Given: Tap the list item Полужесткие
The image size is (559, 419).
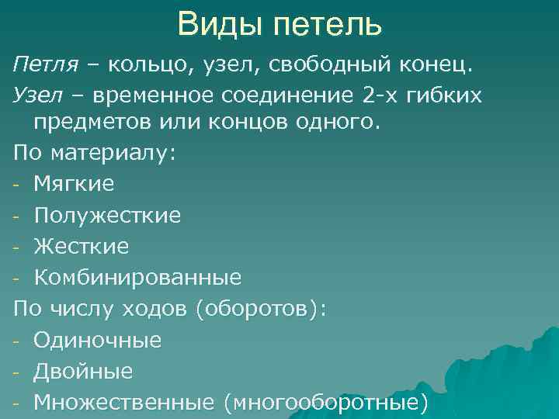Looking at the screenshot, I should [x=107, y=215].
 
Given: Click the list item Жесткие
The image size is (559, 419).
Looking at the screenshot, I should [x=82, y=246].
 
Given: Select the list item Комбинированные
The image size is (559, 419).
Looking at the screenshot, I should [x=137, y=277].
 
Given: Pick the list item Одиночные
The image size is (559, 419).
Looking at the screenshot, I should [x=97, y=340].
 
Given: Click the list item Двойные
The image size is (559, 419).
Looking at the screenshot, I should [x=83, y=371].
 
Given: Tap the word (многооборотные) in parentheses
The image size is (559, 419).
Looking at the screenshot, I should [x=325, y=402].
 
